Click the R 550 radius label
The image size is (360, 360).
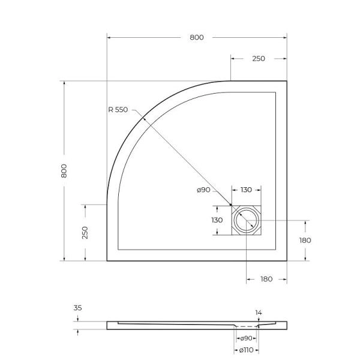pos(118,110)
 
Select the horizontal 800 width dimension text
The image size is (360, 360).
pos(197,37)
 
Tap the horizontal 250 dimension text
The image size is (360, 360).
pos(259,59)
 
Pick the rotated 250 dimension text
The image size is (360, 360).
pos(85,232)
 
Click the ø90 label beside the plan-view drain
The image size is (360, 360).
pos(203,190)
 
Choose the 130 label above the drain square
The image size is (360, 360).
pos(246,190)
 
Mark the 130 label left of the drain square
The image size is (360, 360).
pos(217,220)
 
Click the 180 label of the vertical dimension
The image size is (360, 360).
pos(305,240)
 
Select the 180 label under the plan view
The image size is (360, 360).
pos(267,279)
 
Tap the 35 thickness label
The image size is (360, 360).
pos(77,308)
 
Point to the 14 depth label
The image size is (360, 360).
pos(259,313)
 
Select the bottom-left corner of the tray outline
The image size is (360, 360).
pos(107,260)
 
